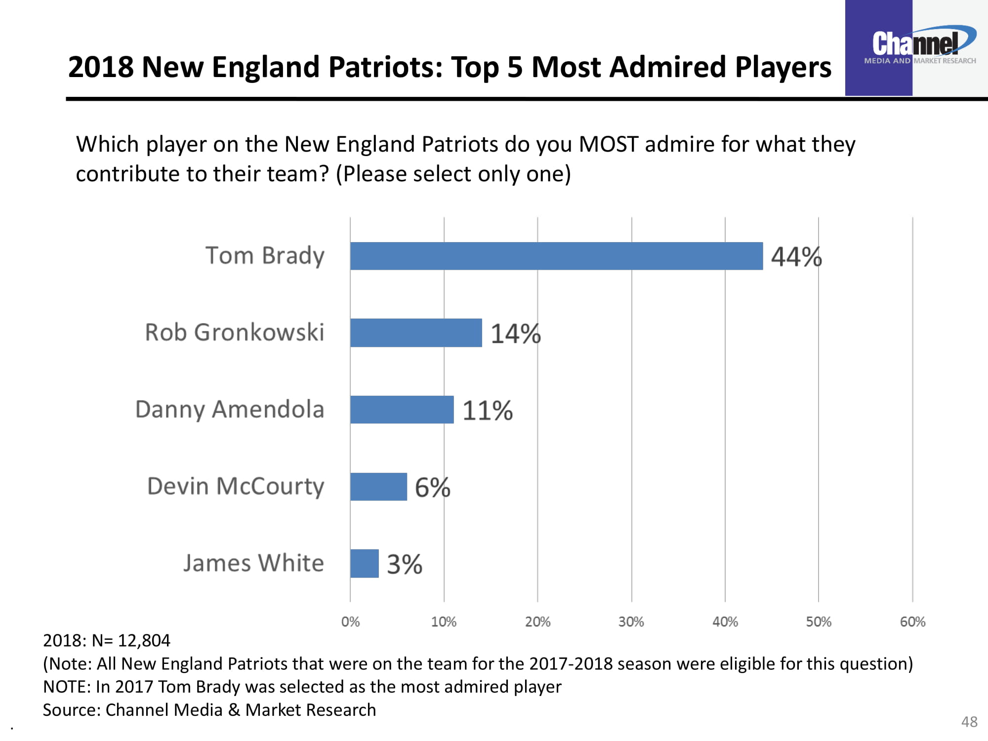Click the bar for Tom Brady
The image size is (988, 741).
point(556,256)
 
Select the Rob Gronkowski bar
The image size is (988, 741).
point(416,333)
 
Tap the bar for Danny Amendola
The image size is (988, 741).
point(402,410)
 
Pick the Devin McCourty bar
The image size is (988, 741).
point(378,487)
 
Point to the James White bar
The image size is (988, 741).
point(365,564)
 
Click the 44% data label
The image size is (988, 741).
point(796,257)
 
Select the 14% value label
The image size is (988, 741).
point(515,334)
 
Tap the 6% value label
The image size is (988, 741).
point(432,488)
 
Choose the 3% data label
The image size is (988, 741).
point(405,565)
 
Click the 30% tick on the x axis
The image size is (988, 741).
point(631,622)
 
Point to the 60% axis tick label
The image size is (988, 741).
point(912,622)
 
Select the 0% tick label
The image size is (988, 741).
point(350,622)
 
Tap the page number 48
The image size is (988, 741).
point(969,722)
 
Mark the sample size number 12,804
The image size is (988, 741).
point(144,641)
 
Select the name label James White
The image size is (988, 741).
point(253,563)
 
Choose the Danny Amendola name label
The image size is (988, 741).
point(230,410)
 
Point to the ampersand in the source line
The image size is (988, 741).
point(234,710)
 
